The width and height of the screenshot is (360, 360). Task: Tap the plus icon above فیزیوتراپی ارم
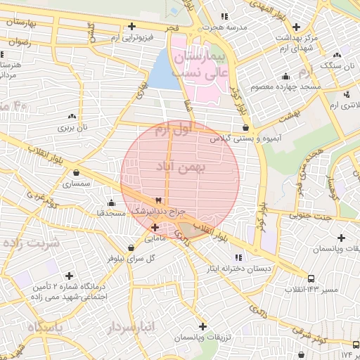click(131, 26)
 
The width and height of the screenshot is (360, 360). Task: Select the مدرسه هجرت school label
click(224, 26)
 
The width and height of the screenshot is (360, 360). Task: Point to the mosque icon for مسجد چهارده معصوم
click(285, 77)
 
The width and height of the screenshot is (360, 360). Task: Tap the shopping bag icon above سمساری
click(76, 172)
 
